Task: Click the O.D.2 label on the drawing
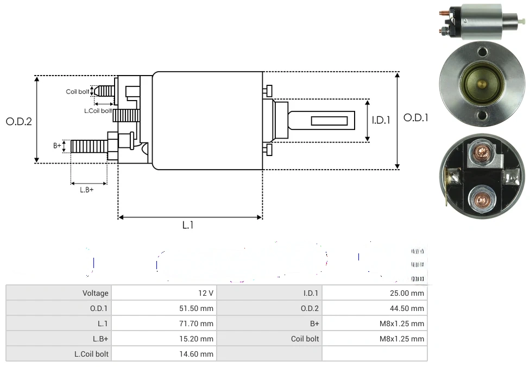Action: coord(19,121)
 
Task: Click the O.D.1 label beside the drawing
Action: coord(416,117)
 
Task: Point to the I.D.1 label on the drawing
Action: coord(381,121)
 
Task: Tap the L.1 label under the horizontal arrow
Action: coord(187,225)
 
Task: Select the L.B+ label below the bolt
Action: coord(87,190)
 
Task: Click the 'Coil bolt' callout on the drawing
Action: coord(77,91)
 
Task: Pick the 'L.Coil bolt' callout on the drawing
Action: coord(98,111)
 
